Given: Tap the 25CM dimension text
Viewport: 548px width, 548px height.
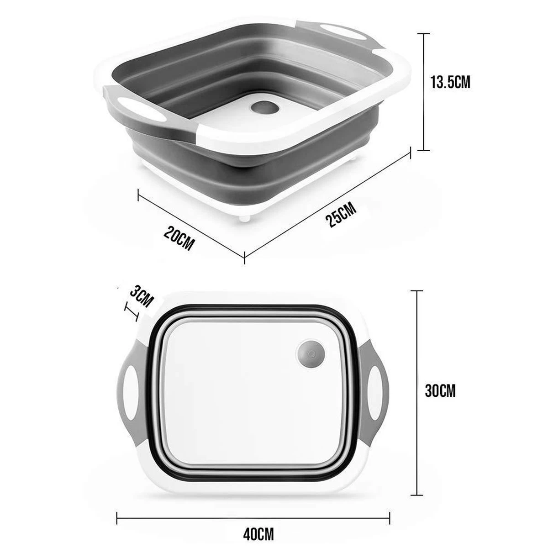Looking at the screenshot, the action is pyautogui.click(x=342, y=214).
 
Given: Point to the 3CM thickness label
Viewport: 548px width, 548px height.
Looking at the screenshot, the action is pyautogui.click(x=140, y=297).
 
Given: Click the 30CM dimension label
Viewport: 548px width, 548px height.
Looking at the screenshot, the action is pyautogui.click(x=440, y=391).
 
